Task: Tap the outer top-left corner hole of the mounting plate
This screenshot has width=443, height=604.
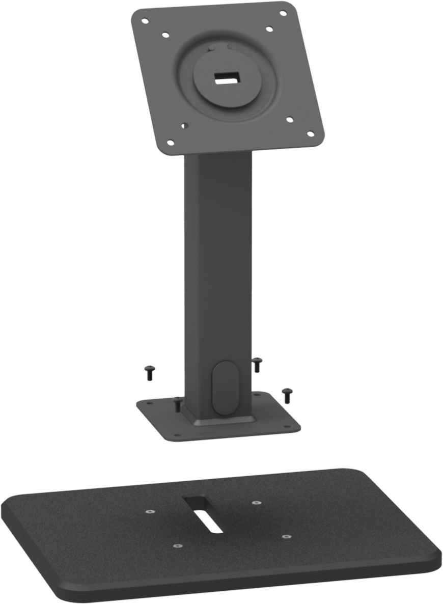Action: (x=145, y=21)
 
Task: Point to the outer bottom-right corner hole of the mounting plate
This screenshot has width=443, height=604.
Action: (x=309, y=134)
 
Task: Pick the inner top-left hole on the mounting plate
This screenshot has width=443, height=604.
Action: (x=165, y=35)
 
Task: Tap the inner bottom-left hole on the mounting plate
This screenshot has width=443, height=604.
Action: (x=183, y=125)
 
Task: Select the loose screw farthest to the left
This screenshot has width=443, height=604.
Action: (x=149, y=373)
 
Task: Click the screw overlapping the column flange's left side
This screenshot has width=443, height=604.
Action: (x=177, y=405)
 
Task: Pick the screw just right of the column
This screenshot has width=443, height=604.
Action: (x=257, y=364)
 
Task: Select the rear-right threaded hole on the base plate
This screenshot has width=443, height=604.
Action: (x=255, y=503)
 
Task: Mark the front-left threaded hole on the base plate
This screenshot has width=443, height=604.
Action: (x=177, y=546)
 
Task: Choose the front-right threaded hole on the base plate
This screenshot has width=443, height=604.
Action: (x=286, y=536)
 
